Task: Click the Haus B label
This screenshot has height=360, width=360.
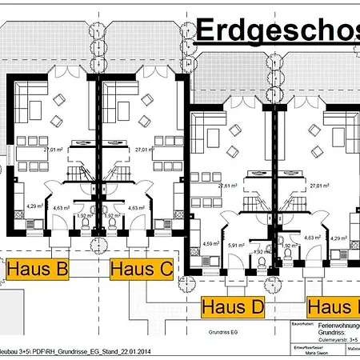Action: [37, 269]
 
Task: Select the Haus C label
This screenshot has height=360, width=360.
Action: [142, 269]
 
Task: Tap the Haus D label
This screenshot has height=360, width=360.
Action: [233, 306]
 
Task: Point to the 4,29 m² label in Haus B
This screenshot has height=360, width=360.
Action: [34, 206]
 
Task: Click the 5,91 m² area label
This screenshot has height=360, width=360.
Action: [235, 245]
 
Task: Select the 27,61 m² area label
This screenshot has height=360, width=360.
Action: [229, 186]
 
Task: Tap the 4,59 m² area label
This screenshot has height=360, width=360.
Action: [210, 243]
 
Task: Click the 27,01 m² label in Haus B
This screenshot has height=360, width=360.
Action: [53, 150]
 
